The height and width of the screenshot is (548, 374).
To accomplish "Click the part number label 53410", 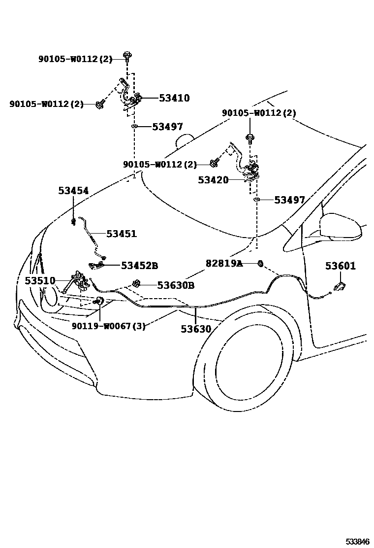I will coord(174,98).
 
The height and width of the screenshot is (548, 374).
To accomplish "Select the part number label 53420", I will coord(213,180).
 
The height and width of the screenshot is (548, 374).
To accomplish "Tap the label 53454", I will coord(73,191).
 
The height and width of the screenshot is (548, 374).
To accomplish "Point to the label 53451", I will coord(122,234).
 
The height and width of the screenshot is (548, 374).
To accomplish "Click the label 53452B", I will coord(139,266).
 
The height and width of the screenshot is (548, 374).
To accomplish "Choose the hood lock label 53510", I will coord(40,281).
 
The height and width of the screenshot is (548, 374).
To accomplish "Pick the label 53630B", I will coord(176,285).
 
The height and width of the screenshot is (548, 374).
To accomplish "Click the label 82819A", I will coord(224,264).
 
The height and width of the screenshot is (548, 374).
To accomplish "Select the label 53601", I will coord(340,266).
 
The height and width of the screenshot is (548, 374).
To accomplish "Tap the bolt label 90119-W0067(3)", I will coord(108,326).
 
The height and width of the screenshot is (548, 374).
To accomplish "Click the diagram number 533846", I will coord(357,542).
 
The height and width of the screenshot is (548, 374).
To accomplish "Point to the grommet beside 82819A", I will coord(261,264).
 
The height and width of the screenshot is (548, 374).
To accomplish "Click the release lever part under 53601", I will coord(339,287).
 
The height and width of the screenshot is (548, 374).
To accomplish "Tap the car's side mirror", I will coord(340,226).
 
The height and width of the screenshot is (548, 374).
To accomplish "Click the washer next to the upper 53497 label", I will coord(134,127).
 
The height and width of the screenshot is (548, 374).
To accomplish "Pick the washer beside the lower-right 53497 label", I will coord(256,200).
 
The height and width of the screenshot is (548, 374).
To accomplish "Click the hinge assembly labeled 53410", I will coord(131,96).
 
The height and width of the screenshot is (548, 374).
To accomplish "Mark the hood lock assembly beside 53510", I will coord(81,284).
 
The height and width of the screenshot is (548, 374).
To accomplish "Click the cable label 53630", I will coord(195,329).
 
